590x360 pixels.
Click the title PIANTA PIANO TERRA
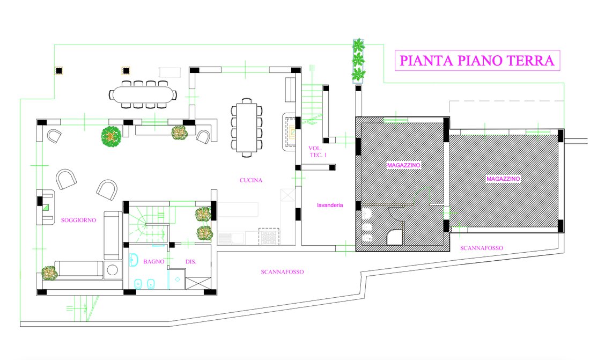(477, 61)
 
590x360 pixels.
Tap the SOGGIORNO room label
(78, 220)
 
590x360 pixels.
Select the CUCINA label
(250, 180)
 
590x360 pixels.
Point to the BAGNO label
(153, 261)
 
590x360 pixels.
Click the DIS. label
(191, 261)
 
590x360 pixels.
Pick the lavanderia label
(330, 205)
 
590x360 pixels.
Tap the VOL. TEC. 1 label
(318, 151)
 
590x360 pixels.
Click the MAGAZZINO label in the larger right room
(503, 179)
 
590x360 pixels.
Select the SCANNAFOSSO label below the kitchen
(282, 272)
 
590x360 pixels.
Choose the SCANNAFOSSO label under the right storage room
(481, 248)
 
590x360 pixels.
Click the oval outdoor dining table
(143, 94)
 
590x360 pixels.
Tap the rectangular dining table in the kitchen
(247, 127)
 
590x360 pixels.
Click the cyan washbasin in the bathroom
(134, 260)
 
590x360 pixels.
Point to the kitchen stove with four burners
(269, 236)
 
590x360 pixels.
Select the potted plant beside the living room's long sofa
(49, 273)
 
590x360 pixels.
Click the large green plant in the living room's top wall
(111, 136)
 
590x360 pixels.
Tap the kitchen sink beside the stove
(231, 238)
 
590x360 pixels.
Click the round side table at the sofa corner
(112, 270)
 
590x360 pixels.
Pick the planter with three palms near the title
(358, 61)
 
